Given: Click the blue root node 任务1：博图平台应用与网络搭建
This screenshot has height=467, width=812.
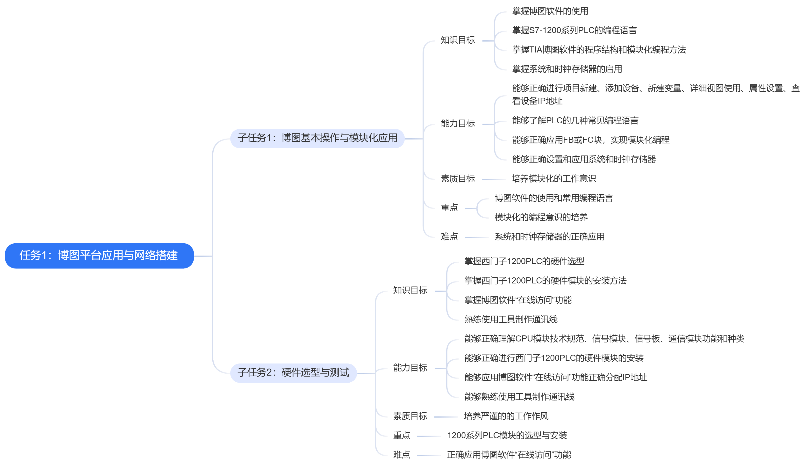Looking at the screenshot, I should click(x=99, y=256).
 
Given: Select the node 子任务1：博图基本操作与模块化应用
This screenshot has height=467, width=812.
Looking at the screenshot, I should click(x=317, y=138).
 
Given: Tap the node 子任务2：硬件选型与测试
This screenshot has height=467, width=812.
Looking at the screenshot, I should click(x=293, y=373).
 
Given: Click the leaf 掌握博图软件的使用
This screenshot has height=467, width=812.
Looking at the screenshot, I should click(x=550, y=11).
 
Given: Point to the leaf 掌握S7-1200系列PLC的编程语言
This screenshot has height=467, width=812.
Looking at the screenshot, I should click(x=574, y=30).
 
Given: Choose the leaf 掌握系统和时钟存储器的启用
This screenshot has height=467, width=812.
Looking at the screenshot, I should click(x=567, y=69).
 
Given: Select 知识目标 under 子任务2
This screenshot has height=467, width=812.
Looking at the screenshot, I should click(x=410, y=291).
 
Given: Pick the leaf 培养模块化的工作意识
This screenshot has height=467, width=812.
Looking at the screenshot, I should click(x=553, y=179).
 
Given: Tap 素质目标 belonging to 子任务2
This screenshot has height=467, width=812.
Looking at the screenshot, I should click(x=410, y=416).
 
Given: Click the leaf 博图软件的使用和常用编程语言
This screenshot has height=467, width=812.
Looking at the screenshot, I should click(x=553, y=198).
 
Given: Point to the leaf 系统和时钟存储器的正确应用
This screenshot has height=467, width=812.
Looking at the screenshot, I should click(x=549, y=237).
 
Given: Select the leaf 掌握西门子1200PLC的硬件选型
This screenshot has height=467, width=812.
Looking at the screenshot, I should click(x=524, y=261).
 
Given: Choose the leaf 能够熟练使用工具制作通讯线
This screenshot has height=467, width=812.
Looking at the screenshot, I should click(x=519, y=397).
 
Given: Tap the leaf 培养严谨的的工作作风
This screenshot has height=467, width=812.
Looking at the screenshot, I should click(x=506, y=416).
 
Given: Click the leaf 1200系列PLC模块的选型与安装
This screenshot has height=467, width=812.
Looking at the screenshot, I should click(x=507, y=436).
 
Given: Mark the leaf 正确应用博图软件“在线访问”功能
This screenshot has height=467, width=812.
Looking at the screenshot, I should click(x=509, y=455).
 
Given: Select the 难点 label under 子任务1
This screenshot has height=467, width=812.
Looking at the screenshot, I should click(x=449, y=237).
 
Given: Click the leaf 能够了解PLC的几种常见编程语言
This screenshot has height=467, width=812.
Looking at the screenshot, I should click(x=575, y=121).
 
